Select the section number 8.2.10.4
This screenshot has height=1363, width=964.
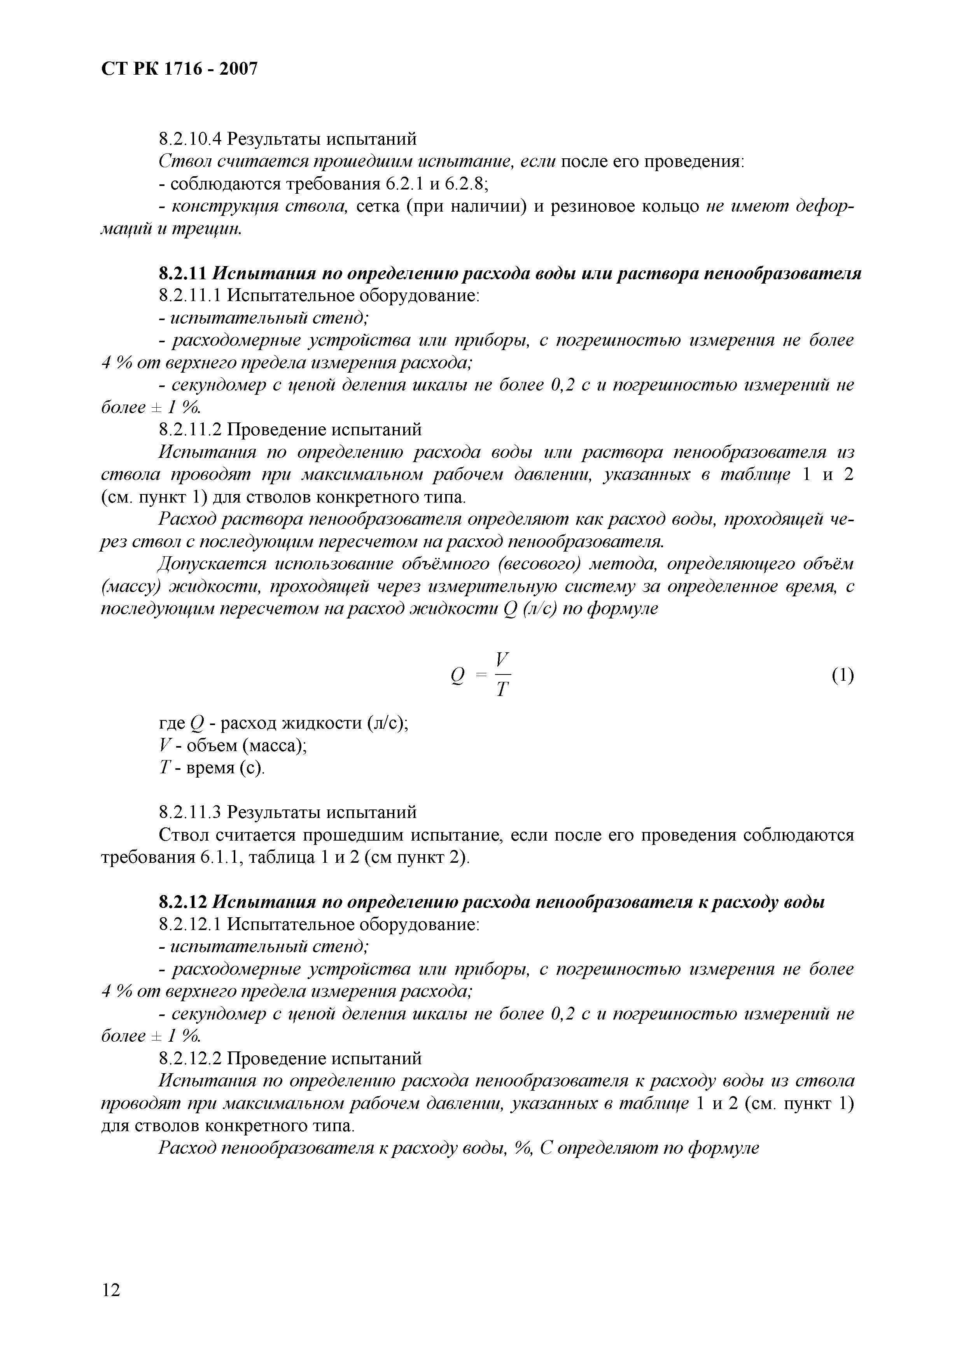(x=190, y=140)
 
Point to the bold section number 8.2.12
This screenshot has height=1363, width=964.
(x=182, y=902)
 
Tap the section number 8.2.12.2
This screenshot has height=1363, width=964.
(x=190, y=1058)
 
